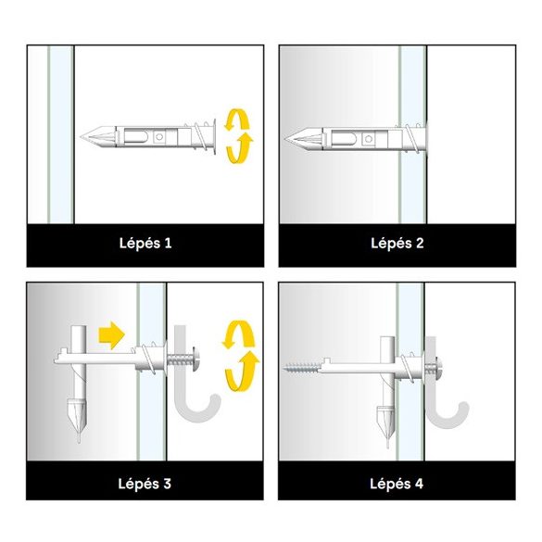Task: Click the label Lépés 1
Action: [145, 243]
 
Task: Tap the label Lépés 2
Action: [397, 243]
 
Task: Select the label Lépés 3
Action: [145, 484]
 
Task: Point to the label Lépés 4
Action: [397, 484]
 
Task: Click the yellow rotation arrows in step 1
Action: [238, 136]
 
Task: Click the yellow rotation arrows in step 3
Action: [241, 356]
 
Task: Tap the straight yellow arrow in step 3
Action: [112, 335]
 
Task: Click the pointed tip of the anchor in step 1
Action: [81, 137]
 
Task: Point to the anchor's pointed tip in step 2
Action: [284, 139]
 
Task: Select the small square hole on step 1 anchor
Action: [159, 137]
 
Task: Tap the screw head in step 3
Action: [195, 359]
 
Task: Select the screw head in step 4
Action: [440, 368]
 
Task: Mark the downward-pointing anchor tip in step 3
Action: [79, 441]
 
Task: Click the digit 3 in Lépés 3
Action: [168, 484]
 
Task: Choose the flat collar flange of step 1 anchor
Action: [214, 137]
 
